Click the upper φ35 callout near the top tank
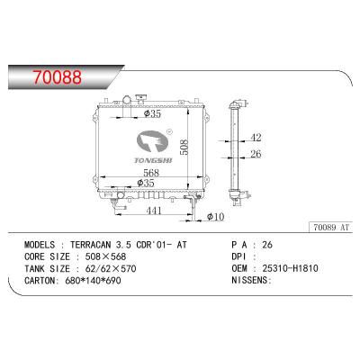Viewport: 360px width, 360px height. pyautogui.click(x=152, y=113)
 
